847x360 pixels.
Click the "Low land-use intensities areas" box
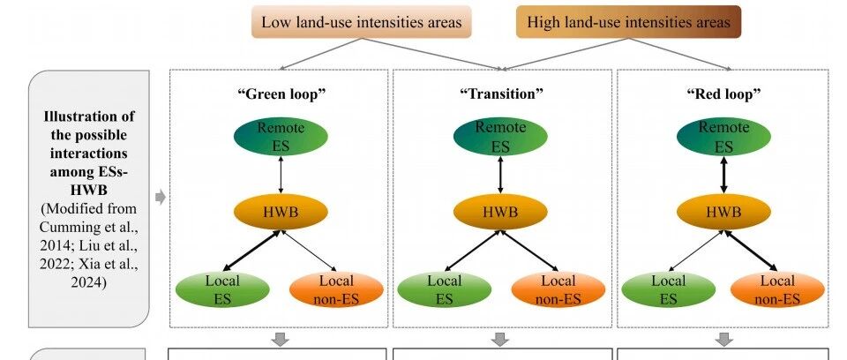click(361, 22)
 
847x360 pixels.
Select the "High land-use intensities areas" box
click(628, 22)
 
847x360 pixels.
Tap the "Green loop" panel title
click(280, 93)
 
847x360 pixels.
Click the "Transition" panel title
click(501, 93)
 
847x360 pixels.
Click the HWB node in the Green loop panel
click(280, 213)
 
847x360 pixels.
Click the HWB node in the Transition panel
click(501, 213)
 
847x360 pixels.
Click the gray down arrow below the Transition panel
click(501, 339)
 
